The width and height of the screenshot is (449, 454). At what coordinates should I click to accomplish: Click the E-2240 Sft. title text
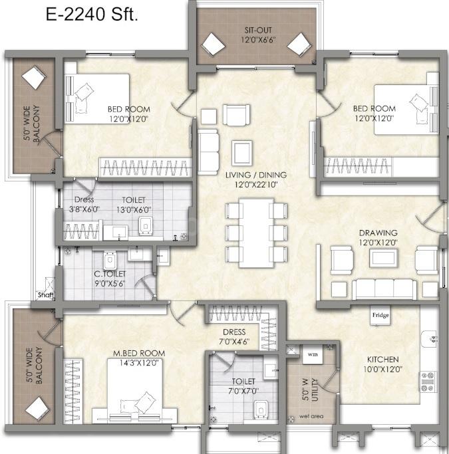[x=92, y=15]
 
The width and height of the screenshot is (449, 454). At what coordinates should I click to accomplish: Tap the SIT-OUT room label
[x=258, y=30]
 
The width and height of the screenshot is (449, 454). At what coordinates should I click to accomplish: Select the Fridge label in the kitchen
[x=380, y=314]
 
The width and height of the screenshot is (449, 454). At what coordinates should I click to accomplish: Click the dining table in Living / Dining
[x=256, y=233]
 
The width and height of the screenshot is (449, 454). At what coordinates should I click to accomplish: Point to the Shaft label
[x=46, y=295]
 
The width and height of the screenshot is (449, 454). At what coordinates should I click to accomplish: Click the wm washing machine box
[x=313, y=354]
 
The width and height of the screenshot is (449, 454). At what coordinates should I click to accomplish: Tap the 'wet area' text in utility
[x=311, y=416]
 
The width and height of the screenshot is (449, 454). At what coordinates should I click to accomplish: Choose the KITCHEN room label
[x=382, y=360]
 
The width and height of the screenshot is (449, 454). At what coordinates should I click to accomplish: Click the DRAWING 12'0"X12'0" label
[x=378, y=237]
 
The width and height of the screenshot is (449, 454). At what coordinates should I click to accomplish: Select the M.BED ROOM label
[x=139, y=353]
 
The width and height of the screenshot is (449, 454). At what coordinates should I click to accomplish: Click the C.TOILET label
[x=110, y=274]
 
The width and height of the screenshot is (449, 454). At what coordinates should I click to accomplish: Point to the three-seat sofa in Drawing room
[x=384, y=289]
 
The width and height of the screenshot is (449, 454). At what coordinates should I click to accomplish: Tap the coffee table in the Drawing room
[x=383, y=258]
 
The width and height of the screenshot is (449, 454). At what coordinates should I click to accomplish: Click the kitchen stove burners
[x=428, y=382]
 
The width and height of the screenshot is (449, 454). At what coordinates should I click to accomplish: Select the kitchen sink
[x=430, y=339]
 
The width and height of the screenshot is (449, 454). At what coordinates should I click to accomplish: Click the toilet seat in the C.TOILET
[x=110, y=261]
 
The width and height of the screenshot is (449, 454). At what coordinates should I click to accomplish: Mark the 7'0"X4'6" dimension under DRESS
[x=234, y=342]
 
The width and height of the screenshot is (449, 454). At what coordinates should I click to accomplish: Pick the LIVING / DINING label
[x=256, y=175]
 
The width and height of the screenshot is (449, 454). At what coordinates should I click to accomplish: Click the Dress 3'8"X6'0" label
[x=84, y=204]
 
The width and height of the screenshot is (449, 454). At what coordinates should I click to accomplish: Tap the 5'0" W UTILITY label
[x=310, y=390]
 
